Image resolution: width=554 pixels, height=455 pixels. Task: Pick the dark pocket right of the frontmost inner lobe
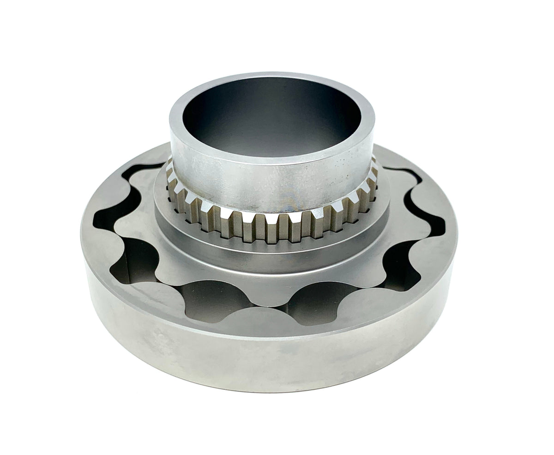point(323,300)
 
